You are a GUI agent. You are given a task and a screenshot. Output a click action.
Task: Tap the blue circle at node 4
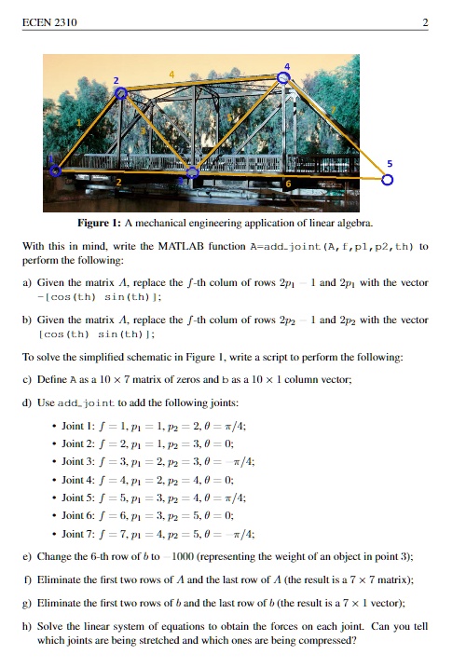point(285,78)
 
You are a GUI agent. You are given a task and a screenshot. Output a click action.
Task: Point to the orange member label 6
point(288,185)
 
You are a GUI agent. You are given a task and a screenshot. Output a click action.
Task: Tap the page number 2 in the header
point(425,22)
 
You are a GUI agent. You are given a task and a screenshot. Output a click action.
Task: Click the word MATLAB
point(199,247)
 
